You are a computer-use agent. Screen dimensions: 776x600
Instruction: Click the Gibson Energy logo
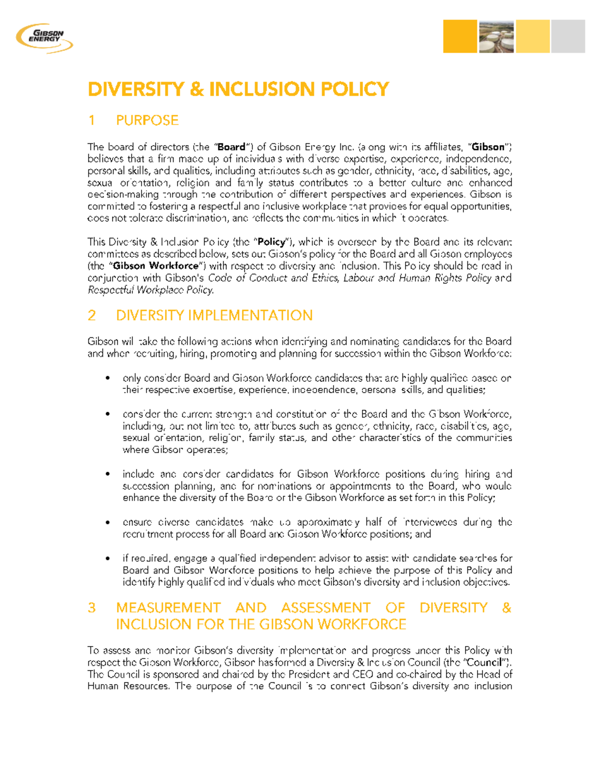click(x=44, y=37)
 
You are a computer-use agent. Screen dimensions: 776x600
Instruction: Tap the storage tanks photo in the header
click(x=496, y=36)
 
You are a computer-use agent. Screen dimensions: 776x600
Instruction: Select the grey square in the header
click(x=568, y=36)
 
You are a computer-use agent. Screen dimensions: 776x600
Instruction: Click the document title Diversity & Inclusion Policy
click(x=238, y=89)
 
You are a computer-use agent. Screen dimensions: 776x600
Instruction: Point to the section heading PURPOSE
click(x=147, y=120)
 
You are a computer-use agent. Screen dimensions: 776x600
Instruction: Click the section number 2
click(x=91, y=315)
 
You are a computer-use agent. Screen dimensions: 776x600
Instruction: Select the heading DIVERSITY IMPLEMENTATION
click(x=214, y=315)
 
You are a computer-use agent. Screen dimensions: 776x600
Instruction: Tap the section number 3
click(x=91, y=608)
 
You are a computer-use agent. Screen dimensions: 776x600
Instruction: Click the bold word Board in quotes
click(x=231, y=147)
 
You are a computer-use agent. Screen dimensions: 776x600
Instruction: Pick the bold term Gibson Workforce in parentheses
click(x=156, y=266)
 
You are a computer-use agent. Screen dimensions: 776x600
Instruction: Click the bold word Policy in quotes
click(x=271, y=242)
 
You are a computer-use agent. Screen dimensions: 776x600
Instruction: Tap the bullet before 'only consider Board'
click(x=107, y=378)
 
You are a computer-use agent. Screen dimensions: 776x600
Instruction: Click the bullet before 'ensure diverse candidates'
click(x=107, y=522)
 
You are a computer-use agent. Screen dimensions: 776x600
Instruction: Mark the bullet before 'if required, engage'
click(x=107, y=558)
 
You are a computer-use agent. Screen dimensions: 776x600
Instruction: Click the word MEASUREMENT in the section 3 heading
click(x=168, y=608)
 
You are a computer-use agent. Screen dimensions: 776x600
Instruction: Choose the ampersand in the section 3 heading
click(x=506, y=608)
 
